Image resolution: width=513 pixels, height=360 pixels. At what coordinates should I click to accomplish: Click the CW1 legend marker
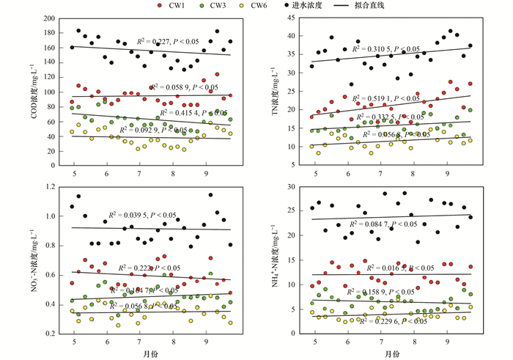[x=160, y=6]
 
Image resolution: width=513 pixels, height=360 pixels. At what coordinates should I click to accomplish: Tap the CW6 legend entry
[x=272, y=6]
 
